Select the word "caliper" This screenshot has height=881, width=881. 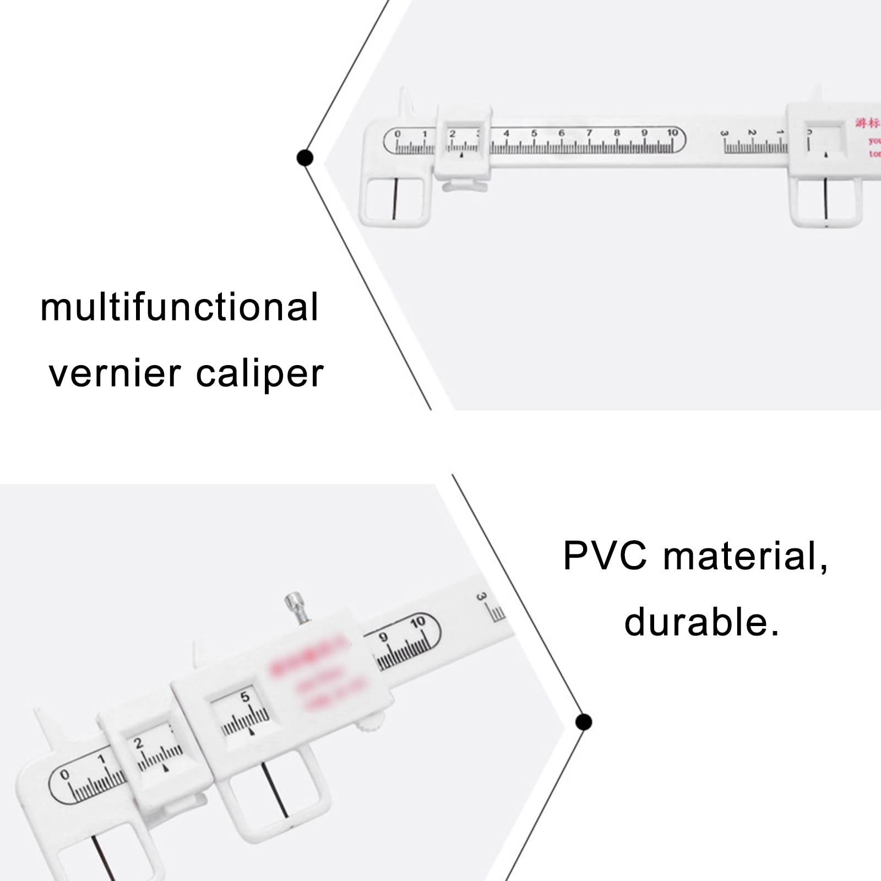[259, 374]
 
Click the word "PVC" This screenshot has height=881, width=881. [605, 556]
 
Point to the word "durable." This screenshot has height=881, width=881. [701, 622]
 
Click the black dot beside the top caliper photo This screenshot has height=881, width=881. [304, 158]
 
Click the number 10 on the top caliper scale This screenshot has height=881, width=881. [672, 133]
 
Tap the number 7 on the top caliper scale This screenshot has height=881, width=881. [589, 133]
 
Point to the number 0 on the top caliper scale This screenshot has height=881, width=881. [398, 134]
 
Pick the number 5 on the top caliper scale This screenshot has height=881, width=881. [534, 133]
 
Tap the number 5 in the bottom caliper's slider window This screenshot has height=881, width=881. [245, 697]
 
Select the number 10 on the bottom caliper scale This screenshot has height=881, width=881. [418, 623]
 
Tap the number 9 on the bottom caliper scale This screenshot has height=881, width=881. [384, 637]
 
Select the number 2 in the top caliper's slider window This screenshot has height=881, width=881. [453, 134]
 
